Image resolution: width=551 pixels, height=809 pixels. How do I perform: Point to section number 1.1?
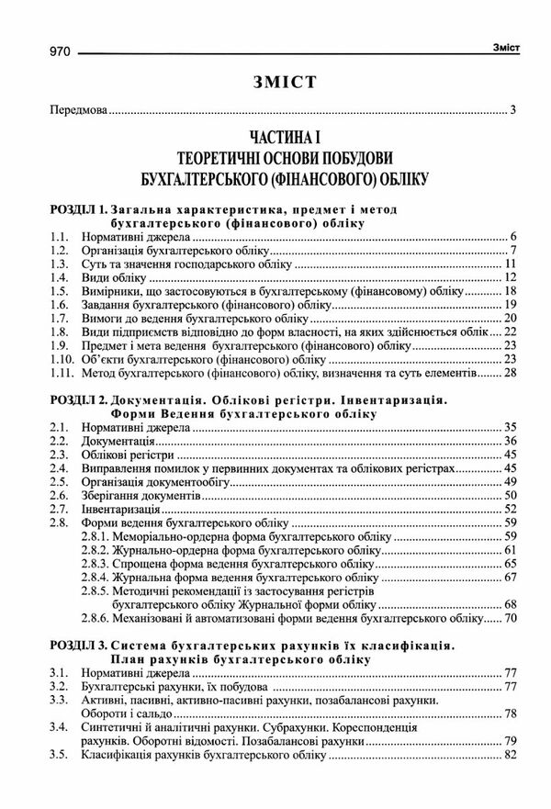(x=60, y=237)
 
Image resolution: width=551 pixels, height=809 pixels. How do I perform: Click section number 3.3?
(x=60, y=701)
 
